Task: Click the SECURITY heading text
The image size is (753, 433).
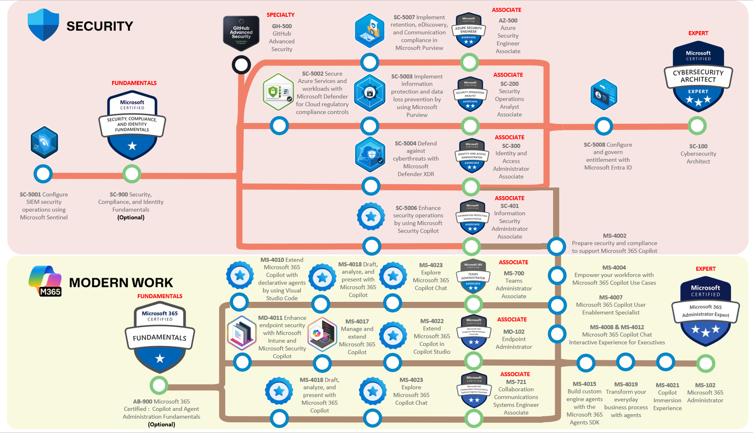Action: point(99,26)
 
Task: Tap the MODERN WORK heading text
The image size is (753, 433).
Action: point(121,283)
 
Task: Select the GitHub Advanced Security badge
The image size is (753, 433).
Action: point(241,33)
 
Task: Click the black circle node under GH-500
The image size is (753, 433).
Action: point(241,65)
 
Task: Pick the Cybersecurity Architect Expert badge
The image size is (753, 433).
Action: point(698,75)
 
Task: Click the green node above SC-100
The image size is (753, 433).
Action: point(697,126)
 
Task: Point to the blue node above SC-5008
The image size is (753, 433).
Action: point(603,126)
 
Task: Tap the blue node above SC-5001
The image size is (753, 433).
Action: point(43,174)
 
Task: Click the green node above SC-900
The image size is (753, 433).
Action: point(132,174)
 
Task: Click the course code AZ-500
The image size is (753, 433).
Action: point(508,21)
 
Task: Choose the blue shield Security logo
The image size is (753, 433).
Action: point(43,24)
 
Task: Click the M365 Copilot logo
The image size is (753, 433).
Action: point(45,281)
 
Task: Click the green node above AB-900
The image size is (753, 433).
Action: point(159,386)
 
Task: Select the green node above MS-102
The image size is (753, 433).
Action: point(705,363)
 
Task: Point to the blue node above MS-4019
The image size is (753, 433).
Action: point(625,362)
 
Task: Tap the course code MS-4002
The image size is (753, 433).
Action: point(615,236)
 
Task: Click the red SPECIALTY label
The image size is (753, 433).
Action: point(280,15)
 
